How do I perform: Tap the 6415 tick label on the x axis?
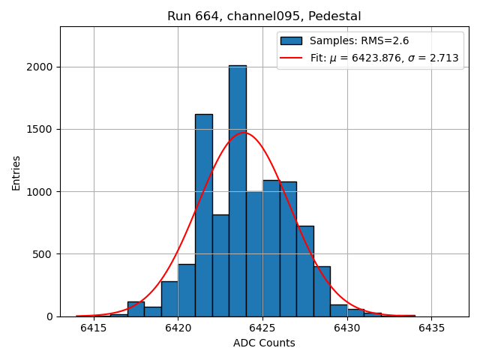tap(94, 328)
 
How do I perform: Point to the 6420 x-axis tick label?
tap(178, 328)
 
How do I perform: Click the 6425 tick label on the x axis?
tap(262, 328)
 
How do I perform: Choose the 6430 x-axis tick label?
tap(346, 328)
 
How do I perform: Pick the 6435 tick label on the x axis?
tap(431, 328)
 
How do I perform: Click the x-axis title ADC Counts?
tap(264, 343)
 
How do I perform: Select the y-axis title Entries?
tap(16, 172)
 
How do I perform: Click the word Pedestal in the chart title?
tap(336, 16)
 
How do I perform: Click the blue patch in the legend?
tap(291, 41)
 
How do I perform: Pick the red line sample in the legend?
tap(291, 58)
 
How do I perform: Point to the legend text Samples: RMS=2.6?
tap(359, 41)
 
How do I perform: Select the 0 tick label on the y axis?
tap(49, 316)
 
